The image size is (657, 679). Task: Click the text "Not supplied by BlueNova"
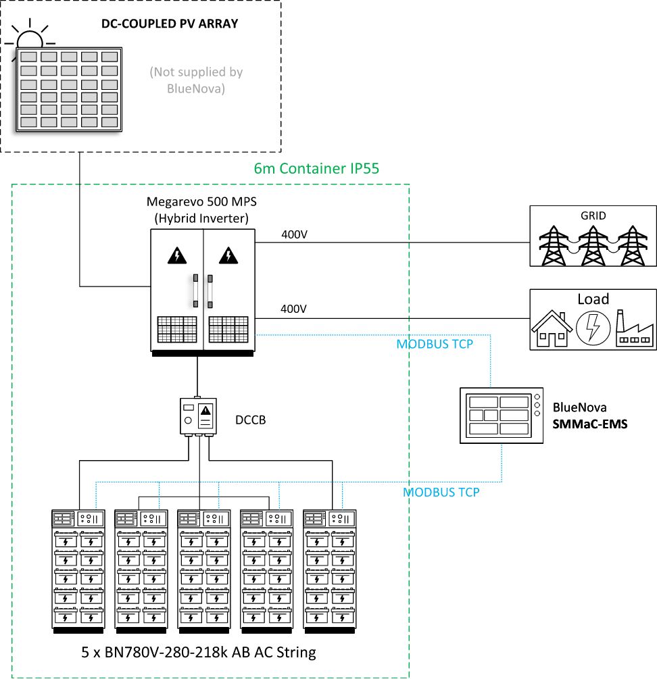(x=195, y=80)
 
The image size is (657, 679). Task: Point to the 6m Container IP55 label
(x=316, y=169)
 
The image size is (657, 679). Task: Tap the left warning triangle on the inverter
(x=177, y=255)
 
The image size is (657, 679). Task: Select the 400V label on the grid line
(x=294, y=236)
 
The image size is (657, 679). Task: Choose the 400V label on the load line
(x=294, y=309)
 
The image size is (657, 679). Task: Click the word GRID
(x=593, y=216)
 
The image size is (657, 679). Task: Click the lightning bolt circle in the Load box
(x=593, y=328)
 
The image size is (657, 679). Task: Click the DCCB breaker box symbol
(x=198, y=416)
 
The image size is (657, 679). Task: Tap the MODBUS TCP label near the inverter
(x=435, y=344)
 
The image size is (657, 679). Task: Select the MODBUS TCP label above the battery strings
(x=441, y=493)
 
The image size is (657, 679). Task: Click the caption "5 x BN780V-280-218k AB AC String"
(x=195, y=653)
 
